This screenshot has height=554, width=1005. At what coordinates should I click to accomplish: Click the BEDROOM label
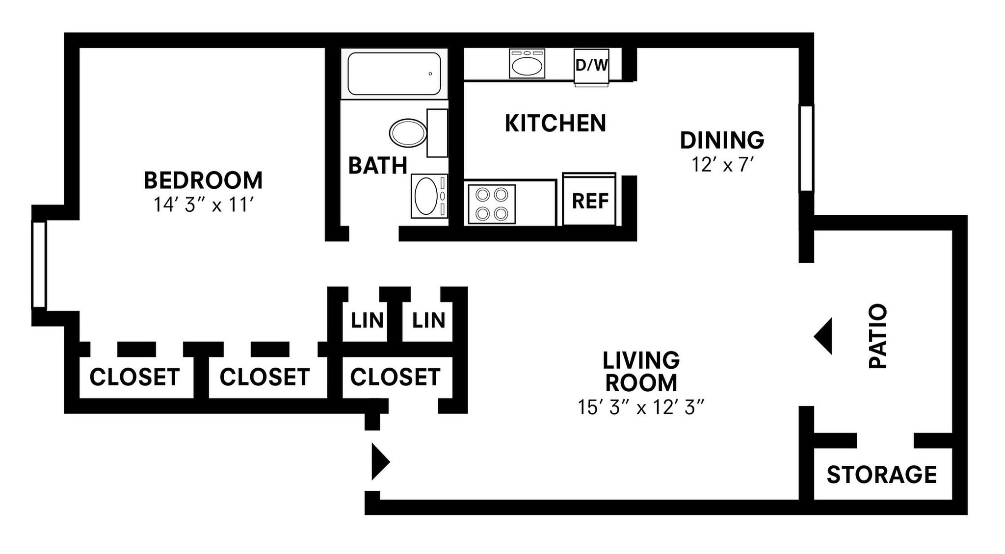coord(203,180)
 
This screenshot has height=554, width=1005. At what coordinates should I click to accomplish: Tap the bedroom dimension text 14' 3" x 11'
coord(203,205)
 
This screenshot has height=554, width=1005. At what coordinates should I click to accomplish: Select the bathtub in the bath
coord(394,74)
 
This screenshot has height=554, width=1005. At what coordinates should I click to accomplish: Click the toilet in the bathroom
coord(408,133)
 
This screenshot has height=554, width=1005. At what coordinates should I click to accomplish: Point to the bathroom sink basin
coord(426,196)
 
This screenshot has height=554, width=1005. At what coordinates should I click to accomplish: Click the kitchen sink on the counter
coord(527,64)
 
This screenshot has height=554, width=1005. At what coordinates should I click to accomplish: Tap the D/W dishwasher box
coord(591,65)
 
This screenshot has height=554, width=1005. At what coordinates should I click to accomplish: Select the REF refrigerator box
coord(589,201)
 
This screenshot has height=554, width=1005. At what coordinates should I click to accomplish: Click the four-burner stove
coord(492,204)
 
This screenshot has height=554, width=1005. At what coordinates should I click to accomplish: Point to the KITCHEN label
coord(555,124)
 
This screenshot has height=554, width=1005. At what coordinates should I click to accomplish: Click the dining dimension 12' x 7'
coord(722,165)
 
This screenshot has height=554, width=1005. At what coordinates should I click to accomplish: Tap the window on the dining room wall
coord(806,148)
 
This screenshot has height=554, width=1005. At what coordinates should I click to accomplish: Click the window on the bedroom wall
coord(39,265)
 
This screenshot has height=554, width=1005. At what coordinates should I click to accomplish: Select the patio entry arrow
coord(824,336)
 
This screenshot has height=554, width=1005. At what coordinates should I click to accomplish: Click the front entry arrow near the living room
coord(379,462)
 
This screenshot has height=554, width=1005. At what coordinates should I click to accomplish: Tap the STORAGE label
coord(882,475)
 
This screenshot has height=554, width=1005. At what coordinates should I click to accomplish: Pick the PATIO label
coord(878,336)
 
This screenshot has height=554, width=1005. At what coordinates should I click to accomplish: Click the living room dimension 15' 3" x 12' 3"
coord(641,407)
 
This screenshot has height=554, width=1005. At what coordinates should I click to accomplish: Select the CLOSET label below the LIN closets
coord(395,377)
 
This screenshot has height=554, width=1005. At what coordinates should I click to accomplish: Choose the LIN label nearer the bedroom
coord(367,321)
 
